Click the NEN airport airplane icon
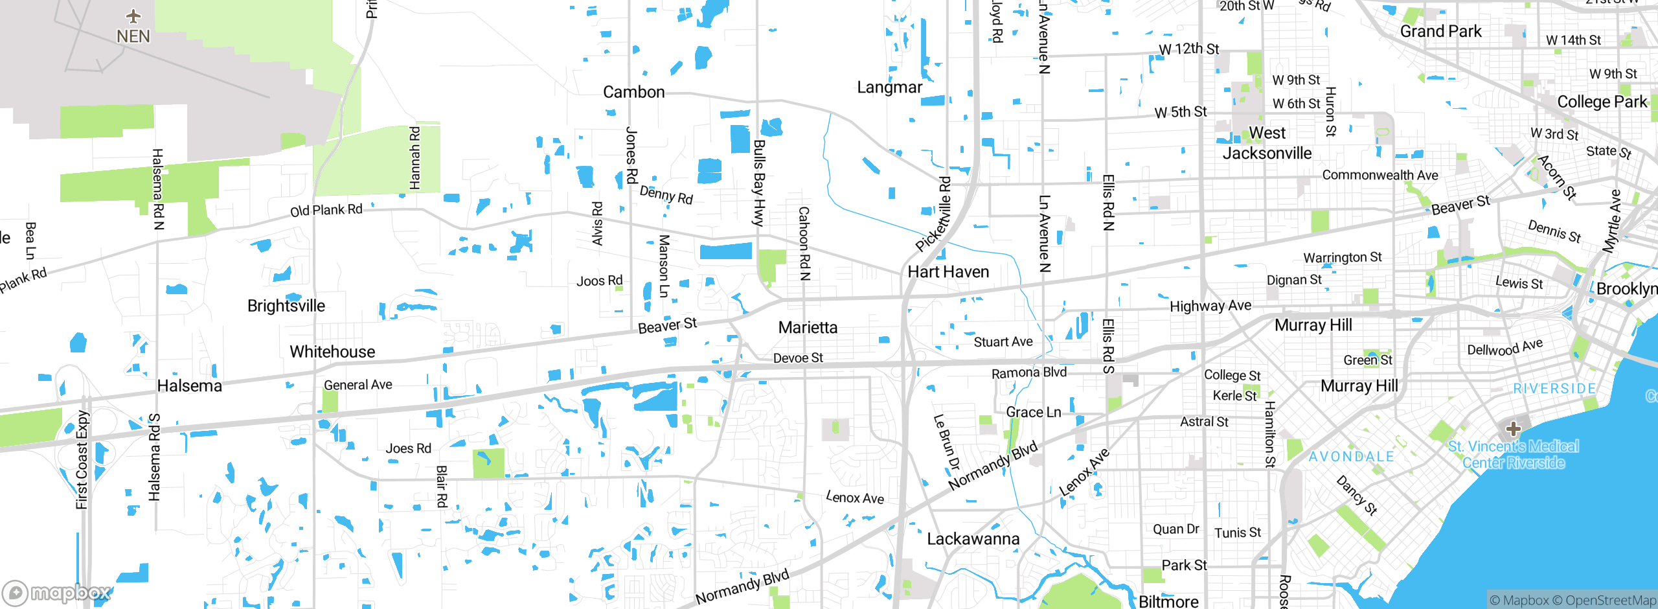point(133,16)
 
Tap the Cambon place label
point(633,92)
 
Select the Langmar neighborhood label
point(889,87)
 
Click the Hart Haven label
point(948,271)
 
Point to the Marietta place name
point(808,327)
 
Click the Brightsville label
point(286,306)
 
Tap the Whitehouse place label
point(332,352)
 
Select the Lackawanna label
point(973,539)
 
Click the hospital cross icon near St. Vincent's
point(1513,429)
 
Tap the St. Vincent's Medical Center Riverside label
point(1513,454)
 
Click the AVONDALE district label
point(1351,457)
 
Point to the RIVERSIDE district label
point(1554,389)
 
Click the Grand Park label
point(1440,32)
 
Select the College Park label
point(1602,102)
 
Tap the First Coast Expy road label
point(82,460)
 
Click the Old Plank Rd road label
point(326,211)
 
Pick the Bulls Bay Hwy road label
point(759,183)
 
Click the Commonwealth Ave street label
point(1380,175)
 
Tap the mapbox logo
point(57,593)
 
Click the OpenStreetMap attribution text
point(1610,601)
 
